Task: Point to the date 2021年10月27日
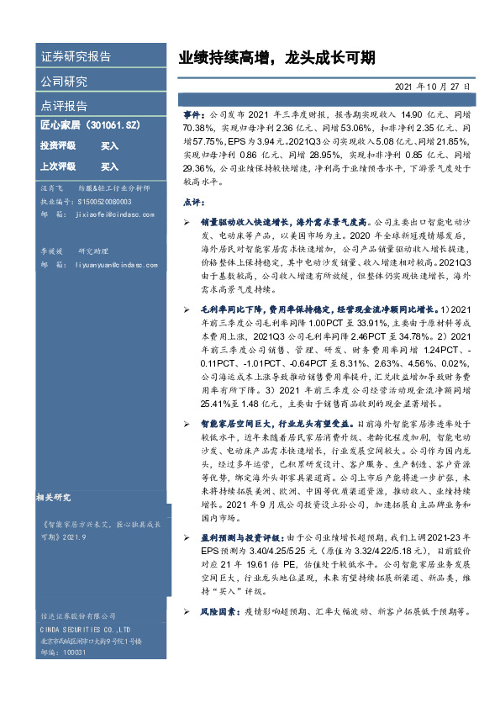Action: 432,87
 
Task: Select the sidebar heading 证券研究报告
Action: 76,57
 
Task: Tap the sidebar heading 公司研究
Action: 64,82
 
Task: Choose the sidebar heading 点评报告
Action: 64,106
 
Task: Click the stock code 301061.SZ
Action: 113,124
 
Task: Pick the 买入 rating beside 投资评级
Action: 109,145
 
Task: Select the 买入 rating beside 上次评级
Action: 109,167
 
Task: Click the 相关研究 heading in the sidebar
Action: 59,497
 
